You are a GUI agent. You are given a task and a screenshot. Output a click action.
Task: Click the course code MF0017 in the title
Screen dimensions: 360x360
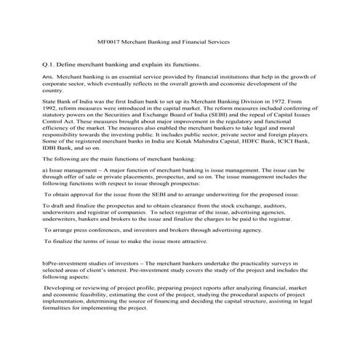[108, 43]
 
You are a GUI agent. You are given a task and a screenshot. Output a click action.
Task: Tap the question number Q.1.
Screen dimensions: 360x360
[49, 65]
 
